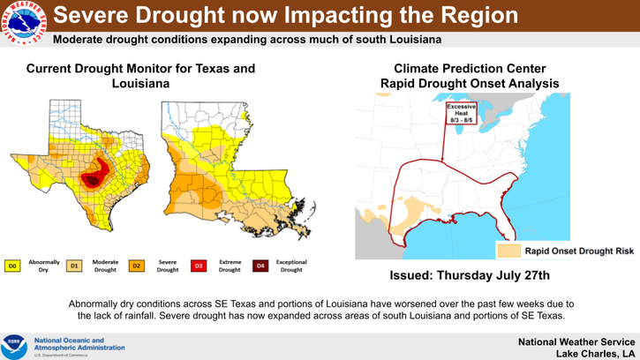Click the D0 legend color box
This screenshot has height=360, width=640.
tap(13, 266)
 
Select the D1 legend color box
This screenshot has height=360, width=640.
tap(75, 266)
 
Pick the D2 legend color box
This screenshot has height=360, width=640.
tap(137, 266)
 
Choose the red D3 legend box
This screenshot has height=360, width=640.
tap(199, 266)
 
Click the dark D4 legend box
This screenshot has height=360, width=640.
tap(260, 266)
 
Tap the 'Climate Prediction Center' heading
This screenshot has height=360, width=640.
tap(469, 68)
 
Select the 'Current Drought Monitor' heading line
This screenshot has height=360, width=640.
tap(141, 68)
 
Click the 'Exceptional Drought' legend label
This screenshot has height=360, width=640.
tap(291, 266)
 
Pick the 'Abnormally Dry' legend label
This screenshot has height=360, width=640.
tap(44, 266)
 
